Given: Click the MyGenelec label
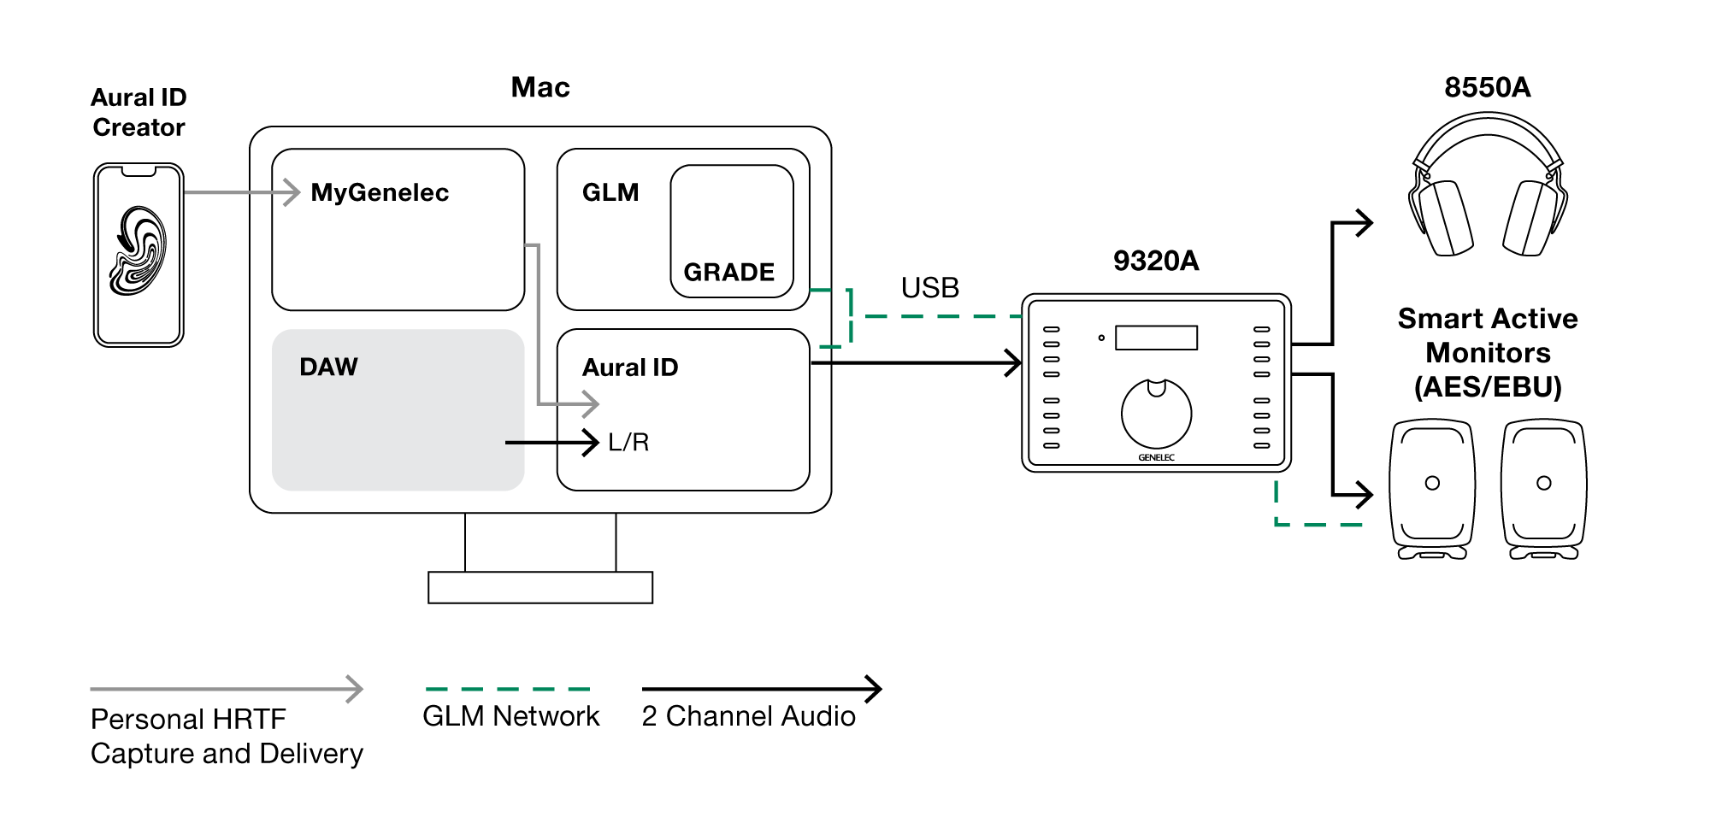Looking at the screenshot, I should (x=380, y=193).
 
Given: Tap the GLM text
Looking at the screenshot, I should (x=610, y=192).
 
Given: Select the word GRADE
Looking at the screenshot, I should (x=728, y=273).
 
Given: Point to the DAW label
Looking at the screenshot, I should (x=328, y=368).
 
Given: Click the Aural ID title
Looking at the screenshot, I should (x=629, y=368).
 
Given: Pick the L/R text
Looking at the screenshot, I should (x=628, y=443).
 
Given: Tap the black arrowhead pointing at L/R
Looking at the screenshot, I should (x=591, y=443).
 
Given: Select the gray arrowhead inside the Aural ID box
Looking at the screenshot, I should (x=591, y=403).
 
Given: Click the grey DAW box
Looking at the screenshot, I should (x=398, y=427).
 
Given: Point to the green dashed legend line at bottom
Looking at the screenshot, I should (x=508, y=689).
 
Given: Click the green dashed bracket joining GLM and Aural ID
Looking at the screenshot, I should (x=851, y=317).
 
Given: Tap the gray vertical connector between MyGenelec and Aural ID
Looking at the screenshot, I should (x=538, y=325).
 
